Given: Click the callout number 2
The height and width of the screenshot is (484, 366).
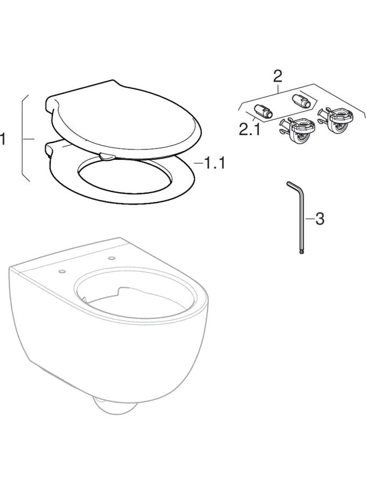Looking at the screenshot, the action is click(277, 76).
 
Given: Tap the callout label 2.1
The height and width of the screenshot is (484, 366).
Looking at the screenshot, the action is click(250, 130).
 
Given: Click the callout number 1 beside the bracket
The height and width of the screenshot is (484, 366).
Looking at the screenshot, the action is click(3, 139).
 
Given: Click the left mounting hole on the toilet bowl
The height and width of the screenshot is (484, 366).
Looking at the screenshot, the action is click(62, 272).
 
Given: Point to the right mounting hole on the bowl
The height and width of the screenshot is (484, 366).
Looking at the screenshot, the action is click(111, 258).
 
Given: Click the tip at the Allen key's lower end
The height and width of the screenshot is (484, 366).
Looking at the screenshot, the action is click(302, 253).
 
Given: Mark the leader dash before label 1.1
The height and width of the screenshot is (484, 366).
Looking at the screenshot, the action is click(199, 162).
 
